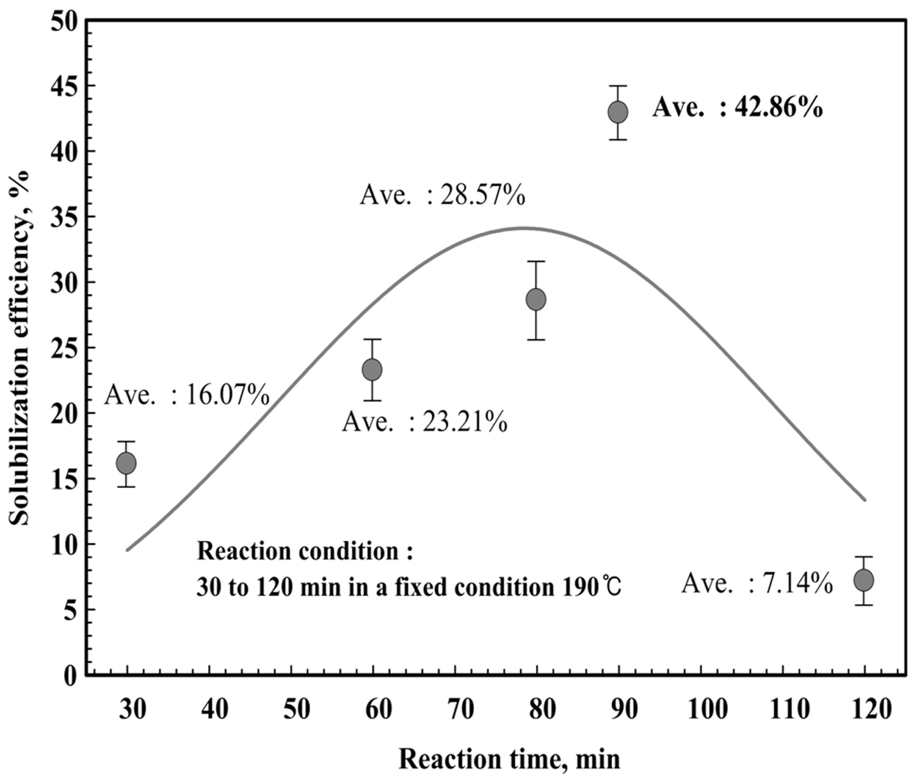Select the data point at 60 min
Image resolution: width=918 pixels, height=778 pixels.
point(372,369)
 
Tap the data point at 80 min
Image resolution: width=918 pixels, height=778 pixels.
point(536,300)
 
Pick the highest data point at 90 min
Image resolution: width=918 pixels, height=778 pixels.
point(618,112)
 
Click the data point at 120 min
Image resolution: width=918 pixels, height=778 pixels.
point(864,581)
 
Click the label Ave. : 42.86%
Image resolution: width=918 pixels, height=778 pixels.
point(737,108)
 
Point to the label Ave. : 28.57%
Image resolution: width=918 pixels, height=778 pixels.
point(442,195)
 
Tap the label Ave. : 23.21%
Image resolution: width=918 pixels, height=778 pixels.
point(424,422)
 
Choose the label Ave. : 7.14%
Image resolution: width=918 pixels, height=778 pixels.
point(757,583)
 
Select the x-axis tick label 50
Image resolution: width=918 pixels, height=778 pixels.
point(297,710)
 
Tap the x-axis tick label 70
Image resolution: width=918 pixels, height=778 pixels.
point(460,710)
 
